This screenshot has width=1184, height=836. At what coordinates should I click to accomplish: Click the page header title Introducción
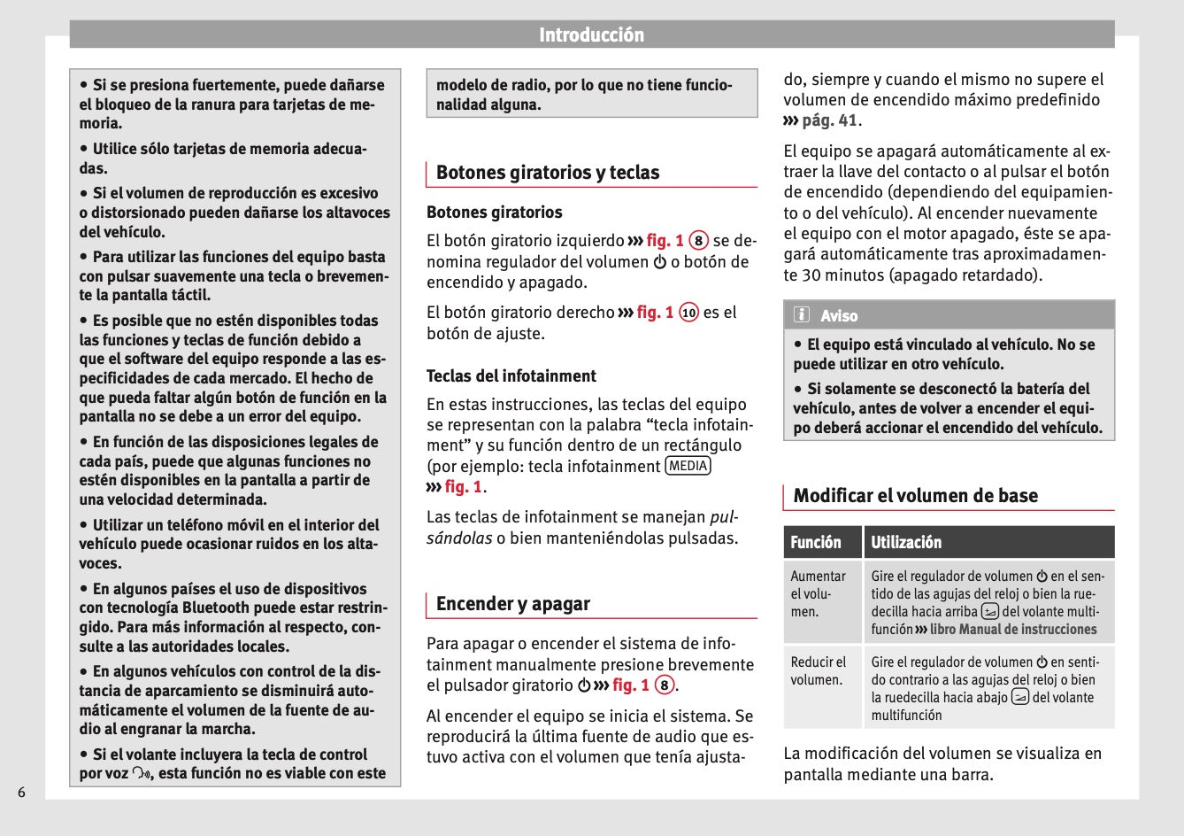pos(591,35)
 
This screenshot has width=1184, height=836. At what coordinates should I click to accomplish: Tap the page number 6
pos(21,792)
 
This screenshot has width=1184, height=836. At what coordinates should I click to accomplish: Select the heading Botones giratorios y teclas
pos(547,173)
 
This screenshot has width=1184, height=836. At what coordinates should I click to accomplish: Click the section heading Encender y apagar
pos(512,604)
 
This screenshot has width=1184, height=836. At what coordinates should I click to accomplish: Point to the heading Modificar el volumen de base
pos(915,496)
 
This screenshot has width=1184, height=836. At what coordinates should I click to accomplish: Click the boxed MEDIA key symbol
pos(688,466)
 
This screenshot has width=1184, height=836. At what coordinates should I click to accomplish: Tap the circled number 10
pos(688,313)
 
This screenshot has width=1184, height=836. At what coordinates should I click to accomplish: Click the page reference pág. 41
pos(829,120)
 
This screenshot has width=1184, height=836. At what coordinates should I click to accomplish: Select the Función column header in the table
pos(815,542)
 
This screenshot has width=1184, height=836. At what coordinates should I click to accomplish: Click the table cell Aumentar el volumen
pos(818,593)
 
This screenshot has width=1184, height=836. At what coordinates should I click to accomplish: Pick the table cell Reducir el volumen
pos(818,670)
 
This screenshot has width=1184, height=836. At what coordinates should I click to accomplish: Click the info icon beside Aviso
pos(802,315)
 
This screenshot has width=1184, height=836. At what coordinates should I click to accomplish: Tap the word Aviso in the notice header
pos(838,316)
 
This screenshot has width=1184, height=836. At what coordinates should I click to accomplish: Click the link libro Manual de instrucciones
pos(1012,630)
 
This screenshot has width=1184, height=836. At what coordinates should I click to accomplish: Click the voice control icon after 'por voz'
pos(142,773)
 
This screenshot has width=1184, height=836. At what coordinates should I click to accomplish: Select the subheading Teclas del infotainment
pos(511,375)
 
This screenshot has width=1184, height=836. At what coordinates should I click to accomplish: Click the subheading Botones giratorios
pos(494,213)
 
